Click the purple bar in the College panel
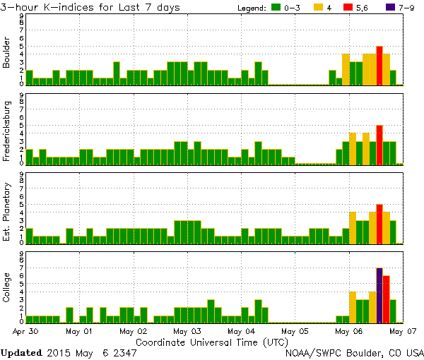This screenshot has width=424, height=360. click(x=379, y=295)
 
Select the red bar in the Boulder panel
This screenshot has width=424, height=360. click(x=379, y=66)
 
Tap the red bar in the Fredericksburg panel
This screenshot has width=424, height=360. click(x=379, y=145)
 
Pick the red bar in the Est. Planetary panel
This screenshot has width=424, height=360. click(x=379, y=224)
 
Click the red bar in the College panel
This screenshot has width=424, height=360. click(x=387, y=299)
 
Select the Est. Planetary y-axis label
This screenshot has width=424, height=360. click(x=7, y=212)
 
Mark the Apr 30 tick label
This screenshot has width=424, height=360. click(x=25, y=330)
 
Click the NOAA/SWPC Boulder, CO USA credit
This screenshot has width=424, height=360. click(x=353, y=352)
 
